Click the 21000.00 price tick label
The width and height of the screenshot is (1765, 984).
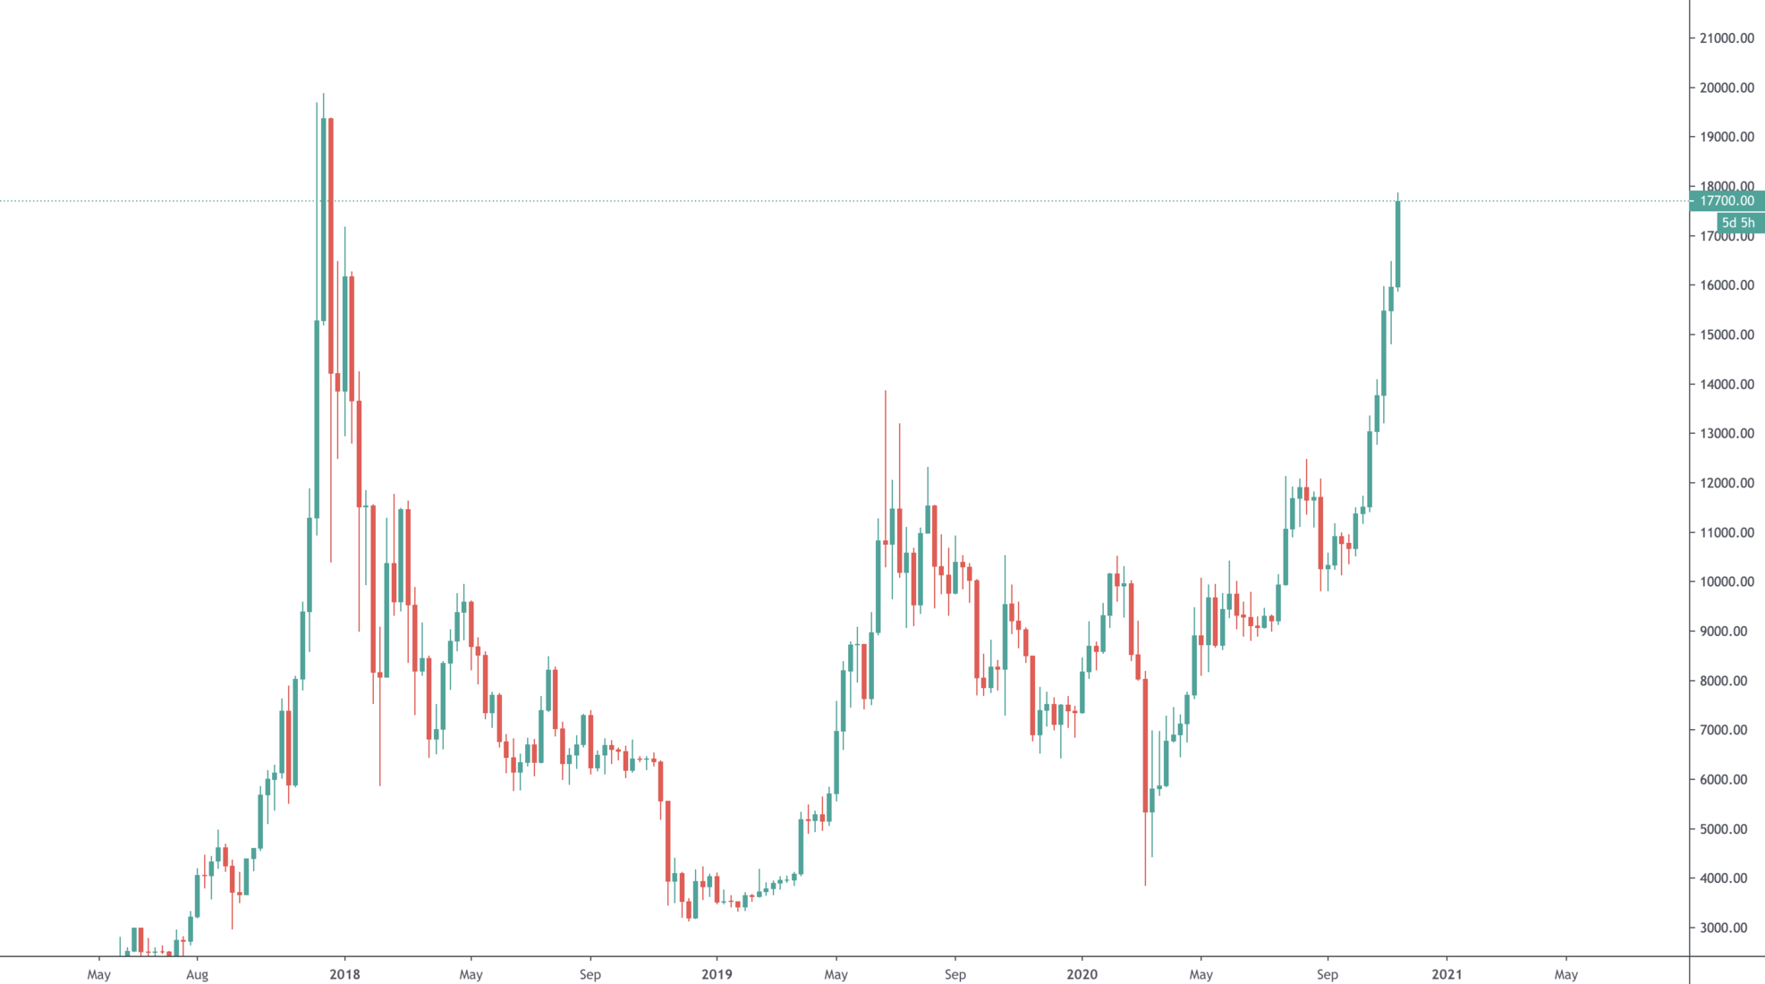[1727, 38]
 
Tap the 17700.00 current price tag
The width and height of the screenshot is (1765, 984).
[1727, 201]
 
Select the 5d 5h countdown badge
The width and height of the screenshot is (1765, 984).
[1738, 223]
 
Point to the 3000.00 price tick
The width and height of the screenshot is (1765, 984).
[1727, 928]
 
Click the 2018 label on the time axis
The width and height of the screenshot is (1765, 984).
[344, 974]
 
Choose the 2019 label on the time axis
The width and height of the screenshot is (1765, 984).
[717, 974]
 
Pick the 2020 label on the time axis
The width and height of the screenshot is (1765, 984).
[1082, 974]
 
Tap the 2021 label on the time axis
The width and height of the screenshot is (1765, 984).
[1447, 974]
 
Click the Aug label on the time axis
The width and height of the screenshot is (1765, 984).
[197, 974]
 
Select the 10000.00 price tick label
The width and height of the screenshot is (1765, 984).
[1727, 581]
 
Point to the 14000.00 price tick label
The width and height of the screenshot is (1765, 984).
[1727, 385]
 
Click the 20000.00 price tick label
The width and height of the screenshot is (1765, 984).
[1727, 88]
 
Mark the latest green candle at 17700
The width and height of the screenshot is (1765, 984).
[1397, 244]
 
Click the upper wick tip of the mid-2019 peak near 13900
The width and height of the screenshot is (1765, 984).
[886, 391]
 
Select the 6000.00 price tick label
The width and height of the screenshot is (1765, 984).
[1727, 779]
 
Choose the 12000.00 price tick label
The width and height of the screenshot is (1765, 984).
[1727, 483]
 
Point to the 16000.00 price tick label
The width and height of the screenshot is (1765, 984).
[1727, 285]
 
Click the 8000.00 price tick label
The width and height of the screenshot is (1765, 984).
[1727, 681]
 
